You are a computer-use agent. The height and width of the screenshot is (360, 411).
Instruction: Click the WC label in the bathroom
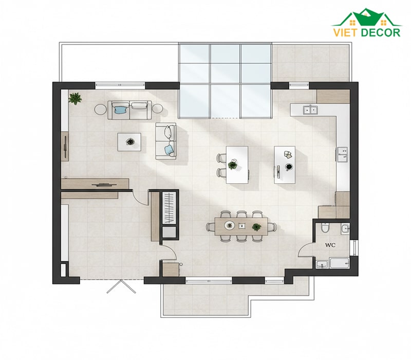tap(330, 245)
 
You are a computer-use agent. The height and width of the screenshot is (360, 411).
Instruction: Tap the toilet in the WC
tap(325, 228)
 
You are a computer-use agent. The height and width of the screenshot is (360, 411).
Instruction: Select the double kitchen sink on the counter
tap(310, 110)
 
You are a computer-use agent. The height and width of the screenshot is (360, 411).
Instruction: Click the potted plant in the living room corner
tap(75, 99)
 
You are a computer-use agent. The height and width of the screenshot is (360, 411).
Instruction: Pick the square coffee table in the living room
tap(129, 142)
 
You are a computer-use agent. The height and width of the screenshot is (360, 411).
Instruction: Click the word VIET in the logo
tap(345, 32)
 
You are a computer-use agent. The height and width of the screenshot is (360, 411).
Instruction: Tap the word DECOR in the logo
tap(381, 32)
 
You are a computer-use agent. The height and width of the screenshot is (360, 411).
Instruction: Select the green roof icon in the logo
tap(367, 17)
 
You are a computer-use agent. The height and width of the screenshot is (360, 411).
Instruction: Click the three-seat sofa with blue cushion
tap(129, 110)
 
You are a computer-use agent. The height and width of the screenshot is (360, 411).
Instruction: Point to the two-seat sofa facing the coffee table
tap(165, 141)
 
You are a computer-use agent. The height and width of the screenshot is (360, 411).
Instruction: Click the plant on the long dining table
tap(256, 227)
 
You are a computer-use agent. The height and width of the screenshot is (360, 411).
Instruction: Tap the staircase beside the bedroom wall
tap(170, 208)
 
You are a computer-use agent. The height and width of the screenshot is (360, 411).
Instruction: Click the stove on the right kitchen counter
tap(342, 155)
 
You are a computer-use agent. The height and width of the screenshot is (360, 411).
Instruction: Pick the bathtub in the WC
tap(340, 263)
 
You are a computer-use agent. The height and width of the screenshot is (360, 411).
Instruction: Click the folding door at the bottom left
tap(121, 286)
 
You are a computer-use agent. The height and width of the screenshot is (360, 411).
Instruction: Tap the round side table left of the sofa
tap(100, 109)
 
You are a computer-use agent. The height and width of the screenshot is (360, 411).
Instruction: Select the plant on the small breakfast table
tap(233, 165)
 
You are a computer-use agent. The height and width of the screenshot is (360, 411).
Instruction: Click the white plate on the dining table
tap(229, 225)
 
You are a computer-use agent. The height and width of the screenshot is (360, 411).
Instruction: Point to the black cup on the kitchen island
tap(289, 167)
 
